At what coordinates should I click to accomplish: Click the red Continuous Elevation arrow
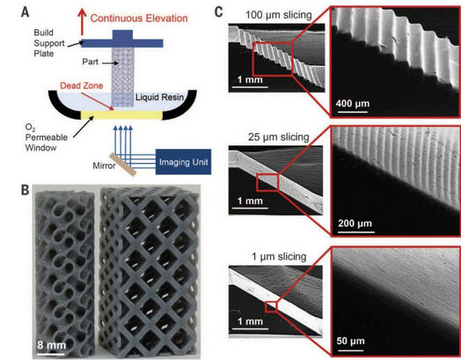[x=82, y=21]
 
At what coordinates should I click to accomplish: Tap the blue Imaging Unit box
[x=183, y=162]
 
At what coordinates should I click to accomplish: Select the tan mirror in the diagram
[x=123, y=165]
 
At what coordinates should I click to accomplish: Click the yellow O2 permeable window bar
[x=121, y=115]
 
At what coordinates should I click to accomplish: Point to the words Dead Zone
[x=82, y=85]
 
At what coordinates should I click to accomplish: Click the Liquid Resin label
[x=159, y=98]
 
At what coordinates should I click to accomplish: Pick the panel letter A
[x=26, y=12]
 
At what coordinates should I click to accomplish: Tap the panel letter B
[x=26, y=190]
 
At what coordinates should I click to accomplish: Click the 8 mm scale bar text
[x=51, y=345]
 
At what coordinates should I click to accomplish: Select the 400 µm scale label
[x=353, y=104]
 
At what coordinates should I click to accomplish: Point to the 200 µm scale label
[x=355, y=224]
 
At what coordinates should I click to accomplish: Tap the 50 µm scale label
[x=350, y=341]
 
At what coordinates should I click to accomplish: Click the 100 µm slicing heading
[x=278, y=15]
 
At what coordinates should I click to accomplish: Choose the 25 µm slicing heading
[x=278, y=137]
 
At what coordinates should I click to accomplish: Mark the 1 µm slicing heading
[x=279, y=256]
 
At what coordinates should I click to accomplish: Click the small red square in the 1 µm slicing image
[x=271, y=307]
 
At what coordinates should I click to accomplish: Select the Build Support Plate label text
[x=48, y=43]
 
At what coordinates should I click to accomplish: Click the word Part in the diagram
[x=91, y=62]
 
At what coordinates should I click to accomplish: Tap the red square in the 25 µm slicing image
[x=267, y=182]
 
